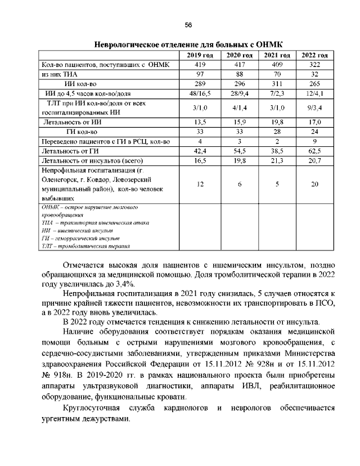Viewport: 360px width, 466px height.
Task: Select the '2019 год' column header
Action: (x=200, y=55)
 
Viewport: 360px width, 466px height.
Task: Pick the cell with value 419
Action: (x=200, y=65)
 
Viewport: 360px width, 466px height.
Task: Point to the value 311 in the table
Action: (x=277, y=84)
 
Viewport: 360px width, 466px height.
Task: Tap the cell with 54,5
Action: (x=238, y=151)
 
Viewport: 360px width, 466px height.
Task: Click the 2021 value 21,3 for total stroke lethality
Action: (x=277, y=160)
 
